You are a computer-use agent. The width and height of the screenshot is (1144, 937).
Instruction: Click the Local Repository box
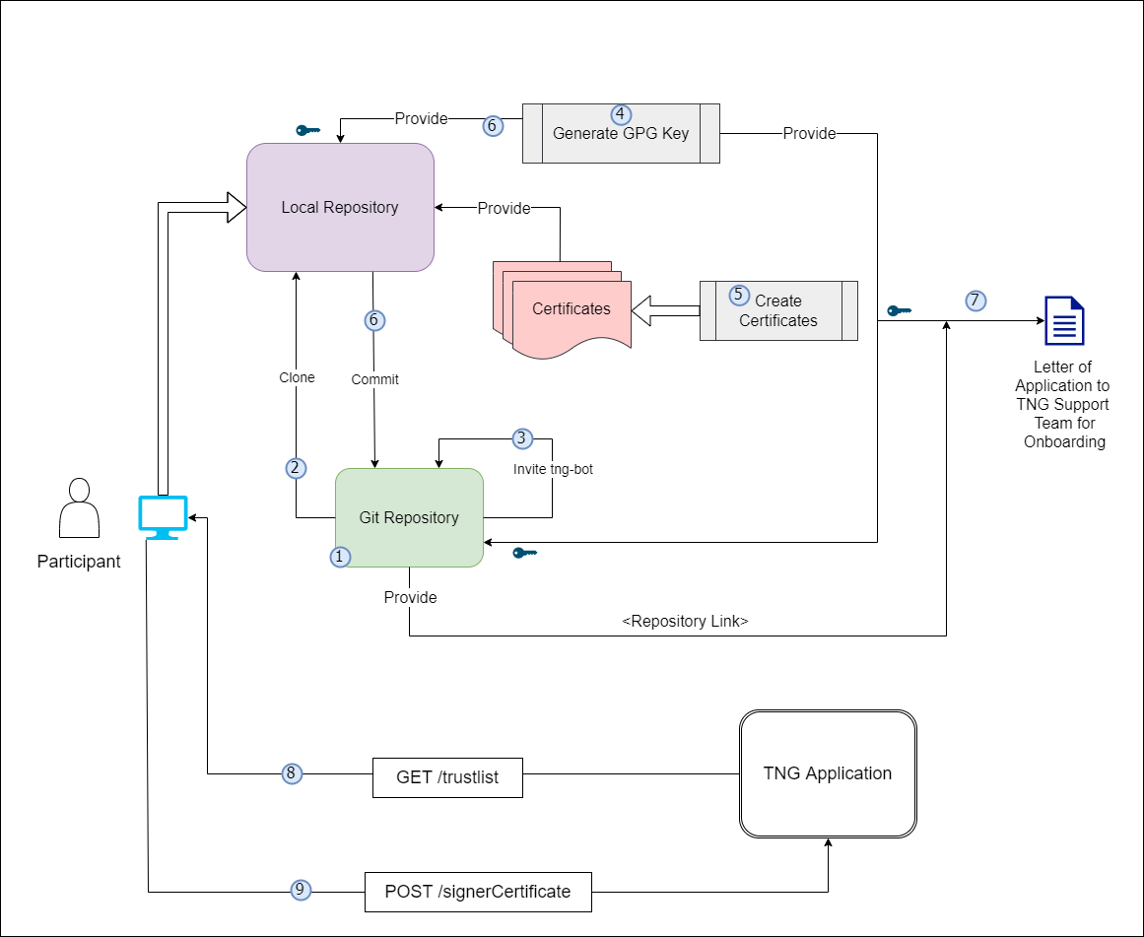click(x=340, y=207)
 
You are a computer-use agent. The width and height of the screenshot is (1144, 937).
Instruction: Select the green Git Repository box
click(x=409, y=517)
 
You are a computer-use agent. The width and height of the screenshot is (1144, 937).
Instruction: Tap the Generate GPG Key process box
click(x=621, y=133)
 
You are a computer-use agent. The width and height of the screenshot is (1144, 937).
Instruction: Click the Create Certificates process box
click(x=778, y=310)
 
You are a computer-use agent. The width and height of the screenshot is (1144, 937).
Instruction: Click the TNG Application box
click(x=828, y=773)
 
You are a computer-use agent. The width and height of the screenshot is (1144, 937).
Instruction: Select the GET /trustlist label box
click(x=447, y=776)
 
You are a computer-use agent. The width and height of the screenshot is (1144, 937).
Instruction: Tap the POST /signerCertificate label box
click(x=479, y=891)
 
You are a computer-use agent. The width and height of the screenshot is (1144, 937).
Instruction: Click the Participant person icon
click(x=79, y=507)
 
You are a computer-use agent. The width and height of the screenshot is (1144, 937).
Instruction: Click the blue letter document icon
click(x=1064, y=321)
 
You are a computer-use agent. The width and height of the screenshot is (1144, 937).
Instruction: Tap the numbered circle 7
click(x=975, y=301)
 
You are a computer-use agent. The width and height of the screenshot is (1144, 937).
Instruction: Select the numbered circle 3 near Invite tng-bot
click(x=522, y=438)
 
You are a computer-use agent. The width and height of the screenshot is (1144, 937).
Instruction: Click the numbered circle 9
click(x=302, y=890)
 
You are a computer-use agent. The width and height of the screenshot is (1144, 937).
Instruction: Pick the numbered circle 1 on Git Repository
click(x=339, y=557)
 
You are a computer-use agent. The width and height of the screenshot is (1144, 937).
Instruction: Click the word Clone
click(x=297, y=377)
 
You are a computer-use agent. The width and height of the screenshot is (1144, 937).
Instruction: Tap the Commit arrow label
click(x=374, y=379)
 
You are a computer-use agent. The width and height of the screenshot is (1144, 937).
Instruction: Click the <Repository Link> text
click(x=685, y=622)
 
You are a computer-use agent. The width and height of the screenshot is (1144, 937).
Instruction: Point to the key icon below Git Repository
click(x=525, y=553)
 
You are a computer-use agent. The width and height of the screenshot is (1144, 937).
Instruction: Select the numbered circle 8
click(x=291, y=773)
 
